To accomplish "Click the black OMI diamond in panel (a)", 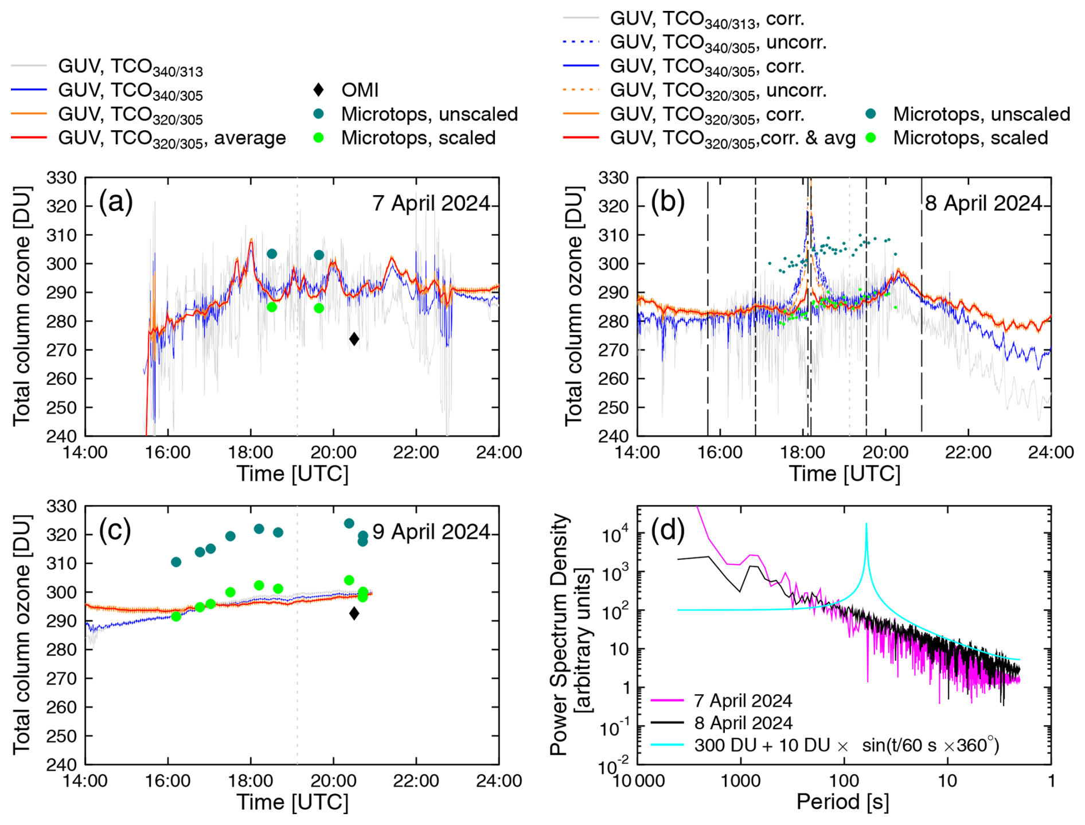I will (354, 339).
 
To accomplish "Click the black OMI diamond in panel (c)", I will (354, 613).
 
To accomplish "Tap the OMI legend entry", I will (360, 90).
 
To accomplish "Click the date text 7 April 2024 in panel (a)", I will (431, 203).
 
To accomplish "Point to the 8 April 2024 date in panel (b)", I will (983, 203).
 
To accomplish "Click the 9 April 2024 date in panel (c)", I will (431, 532).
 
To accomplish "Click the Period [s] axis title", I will (842, 801).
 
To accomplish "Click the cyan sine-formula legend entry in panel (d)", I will (846, 745).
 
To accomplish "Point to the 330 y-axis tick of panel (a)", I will (61, 178).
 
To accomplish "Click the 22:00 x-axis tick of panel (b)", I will (968, 452).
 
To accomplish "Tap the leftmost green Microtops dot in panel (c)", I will (176, 616).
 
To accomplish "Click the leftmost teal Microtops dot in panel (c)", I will (176, 562).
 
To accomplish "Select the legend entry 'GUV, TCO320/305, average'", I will (171, 138).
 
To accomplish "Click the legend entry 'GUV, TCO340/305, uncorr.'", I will (718, 42).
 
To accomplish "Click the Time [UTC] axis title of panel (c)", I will (292, 801).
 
